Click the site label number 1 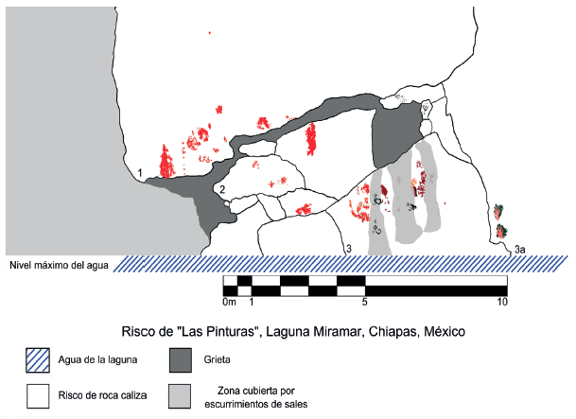pos(139,173)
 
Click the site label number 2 pos(221,190)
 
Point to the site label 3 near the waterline pos(348,249)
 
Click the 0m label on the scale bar pos(228,303)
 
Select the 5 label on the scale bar pos(365,303)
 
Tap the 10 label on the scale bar pos(503,303)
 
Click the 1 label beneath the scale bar pos(251,303)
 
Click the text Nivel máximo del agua pos(56,264)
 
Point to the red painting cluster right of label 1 pos(166,162)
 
